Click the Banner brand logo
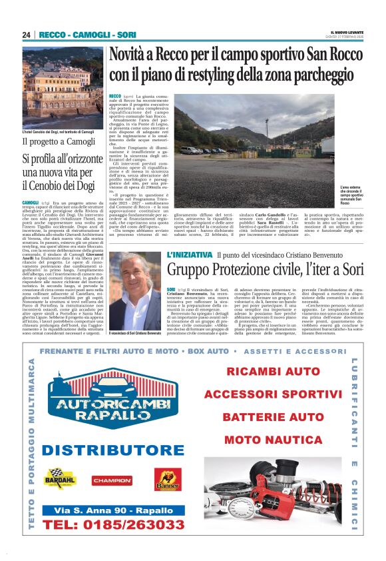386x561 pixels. pyautogui.click(x=167, y=479)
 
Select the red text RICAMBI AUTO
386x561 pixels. pyautogui.click(x=274, y=372)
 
